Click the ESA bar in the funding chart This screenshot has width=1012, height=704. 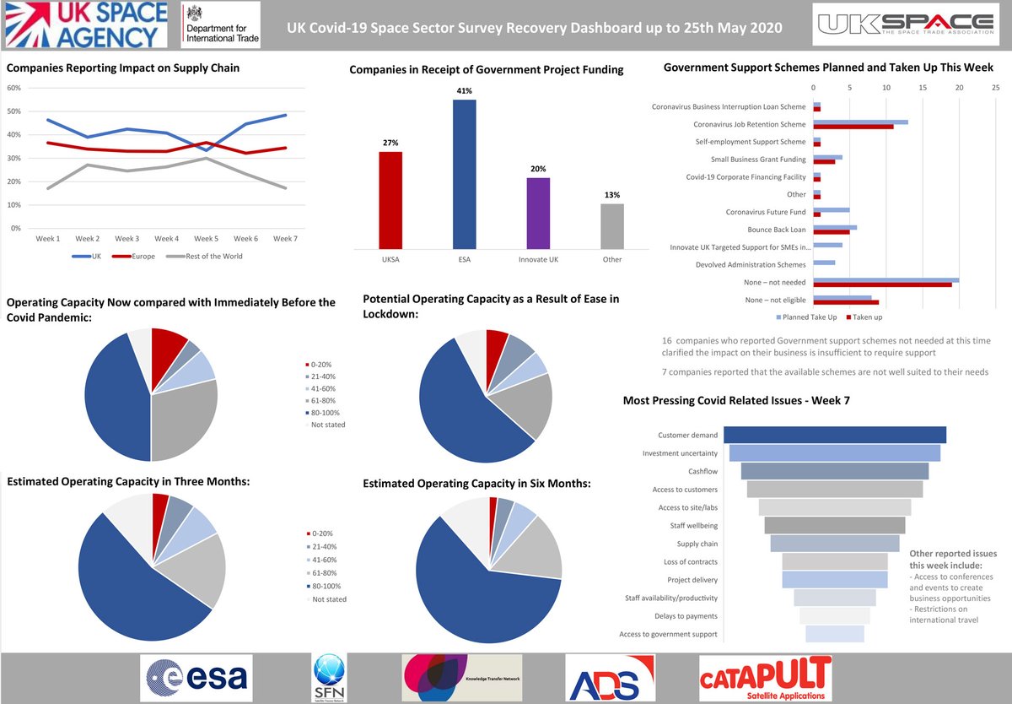click(464, 174)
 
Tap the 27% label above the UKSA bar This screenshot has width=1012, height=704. click(390, 143)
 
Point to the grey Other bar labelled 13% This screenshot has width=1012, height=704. click(612, 226)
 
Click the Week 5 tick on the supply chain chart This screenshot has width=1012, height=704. click(207, 239)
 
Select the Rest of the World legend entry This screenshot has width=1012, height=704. click(202, 257)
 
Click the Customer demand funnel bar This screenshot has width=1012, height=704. click(835, 435)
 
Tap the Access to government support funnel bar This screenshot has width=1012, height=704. click(835, 634)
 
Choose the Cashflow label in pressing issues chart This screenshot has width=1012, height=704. click(702, 472)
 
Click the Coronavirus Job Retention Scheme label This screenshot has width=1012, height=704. click(750, 124)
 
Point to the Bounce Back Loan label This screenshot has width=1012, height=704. click(776, 230)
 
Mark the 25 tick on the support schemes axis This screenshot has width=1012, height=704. click(996, 87)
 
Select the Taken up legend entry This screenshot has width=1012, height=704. click(865, 317)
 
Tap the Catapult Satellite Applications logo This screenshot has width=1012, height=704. click(765, 678)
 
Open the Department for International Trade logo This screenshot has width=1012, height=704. click(221, 25)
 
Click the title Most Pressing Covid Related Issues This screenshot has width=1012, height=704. click(735, 400)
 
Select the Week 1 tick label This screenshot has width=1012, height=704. click(48, 239)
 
